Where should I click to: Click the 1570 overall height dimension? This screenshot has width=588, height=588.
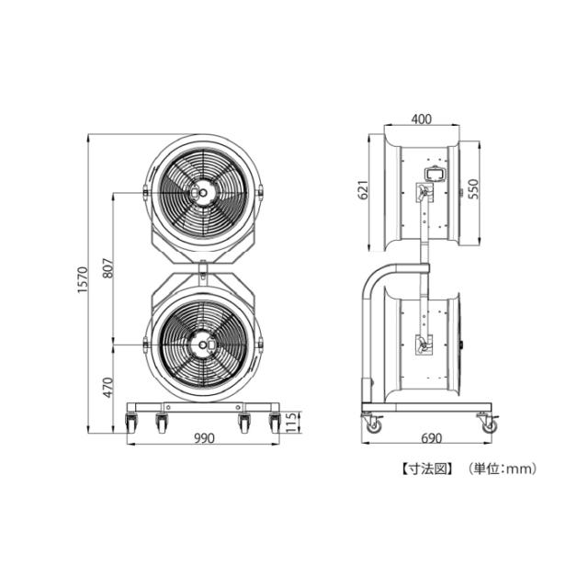[83, 279]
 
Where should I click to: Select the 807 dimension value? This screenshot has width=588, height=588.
[107, 267]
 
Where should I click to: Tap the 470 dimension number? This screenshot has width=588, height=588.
[108, 387]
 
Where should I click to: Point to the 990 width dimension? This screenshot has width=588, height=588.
[204, 438]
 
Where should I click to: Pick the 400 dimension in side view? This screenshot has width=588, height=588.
[422, 119]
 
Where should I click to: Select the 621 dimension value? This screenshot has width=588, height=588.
[364, 190]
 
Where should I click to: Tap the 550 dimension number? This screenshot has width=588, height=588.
[474, 189]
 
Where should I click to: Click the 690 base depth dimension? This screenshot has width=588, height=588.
[432, 438]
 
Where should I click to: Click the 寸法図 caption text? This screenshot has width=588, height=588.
[427, 469]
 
